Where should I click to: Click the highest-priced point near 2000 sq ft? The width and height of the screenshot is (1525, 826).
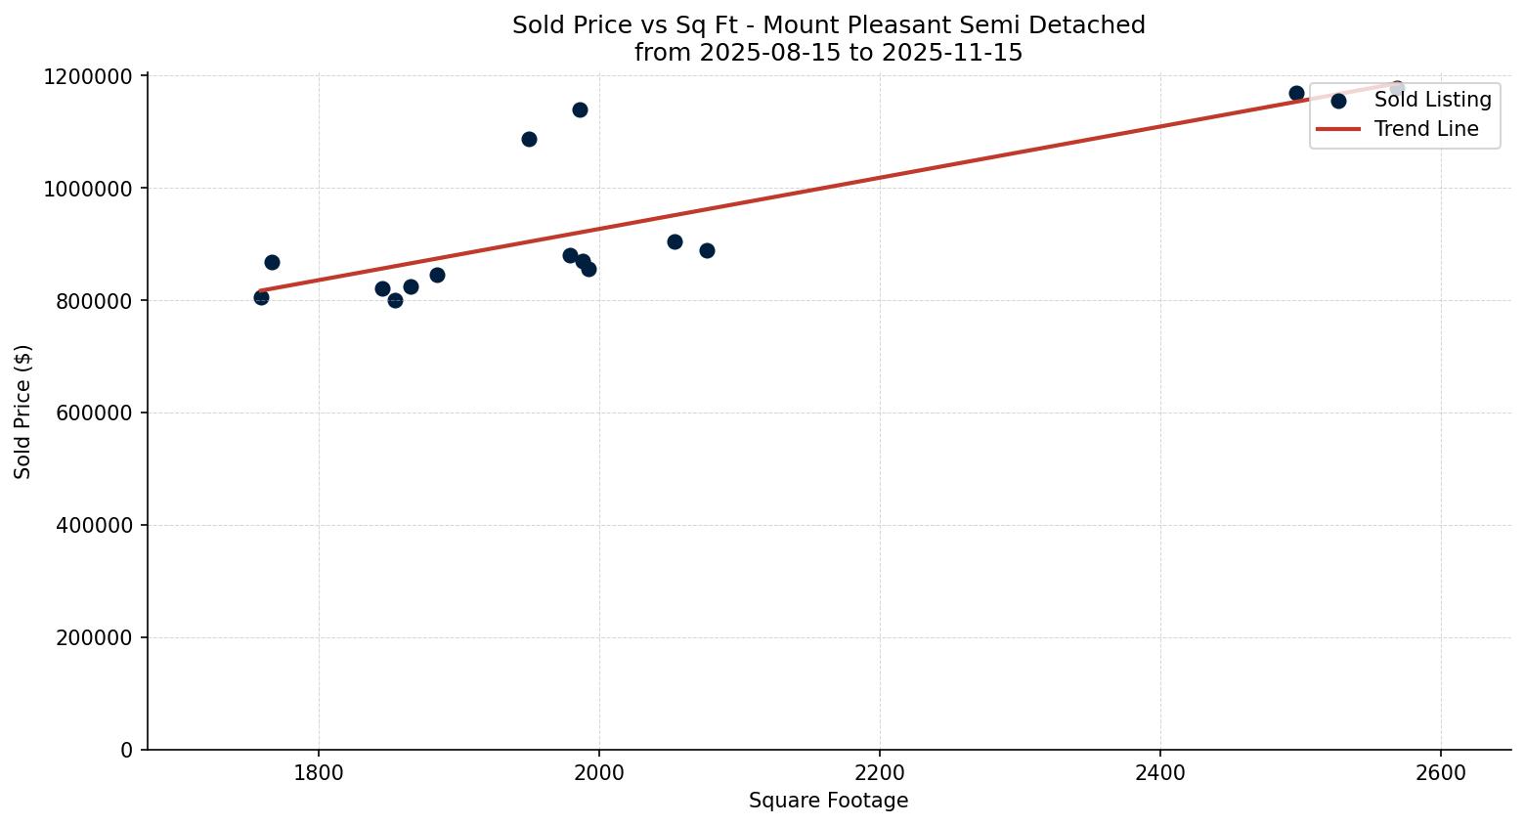tap(580, 109)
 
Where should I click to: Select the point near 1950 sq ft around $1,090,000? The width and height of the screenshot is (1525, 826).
tap(529, 139)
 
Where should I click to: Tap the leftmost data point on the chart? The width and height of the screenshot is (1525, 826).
tap(261, 297)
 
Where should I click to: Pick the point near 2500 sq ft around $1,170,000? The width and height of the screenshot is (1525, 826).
tap(1296, 93)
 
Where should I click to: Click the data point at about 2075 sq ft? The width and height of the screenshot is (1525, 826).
tap(707, 250)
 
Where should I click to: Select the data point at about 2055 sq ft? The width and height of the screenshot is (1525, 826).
tap(675, 241)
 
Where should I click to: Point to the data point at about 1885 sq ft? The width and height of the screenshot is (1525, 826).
tap(437, 275)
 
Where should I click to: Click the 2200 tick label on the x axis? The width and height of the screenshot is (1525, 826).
tap(879, 772)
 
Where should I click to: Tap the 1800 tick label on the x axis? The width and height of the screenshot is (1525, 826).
tap(319, 772)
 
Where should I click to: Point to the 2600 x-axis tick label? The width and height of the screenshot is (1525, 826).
tap(1440, 772)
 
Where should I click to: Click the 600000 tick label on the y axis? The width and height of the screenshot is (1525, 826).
tap(87, 413)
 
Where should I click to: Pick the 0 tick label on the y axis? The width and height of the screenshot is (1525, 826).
tap(126, 750)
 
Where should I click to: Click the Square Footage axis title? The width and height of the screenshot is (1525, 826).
tap(828, 802)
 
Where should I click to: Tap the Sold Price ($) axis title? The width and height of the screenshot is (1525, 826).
tap(23, 412)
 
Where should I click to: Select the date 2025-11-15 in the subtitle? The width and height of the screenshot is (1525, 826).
tap(951, 53)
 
